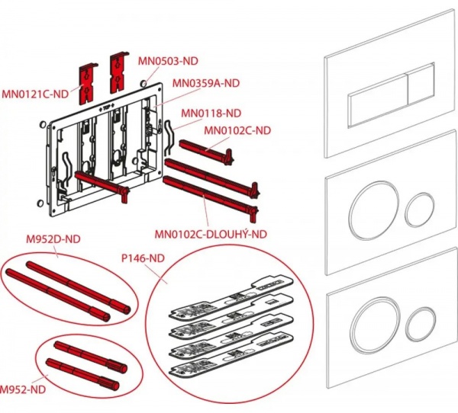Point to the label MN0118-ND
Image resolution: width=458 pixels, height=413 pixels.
(211, 113)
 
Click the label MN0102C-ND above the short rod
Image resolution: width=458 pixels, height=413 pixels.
(237, 130)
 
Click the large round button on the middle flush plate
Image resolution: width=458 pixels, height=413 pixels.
(371, 206)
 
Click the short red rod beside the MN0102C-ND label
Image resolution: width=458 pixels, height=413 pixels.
(206, 148)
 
